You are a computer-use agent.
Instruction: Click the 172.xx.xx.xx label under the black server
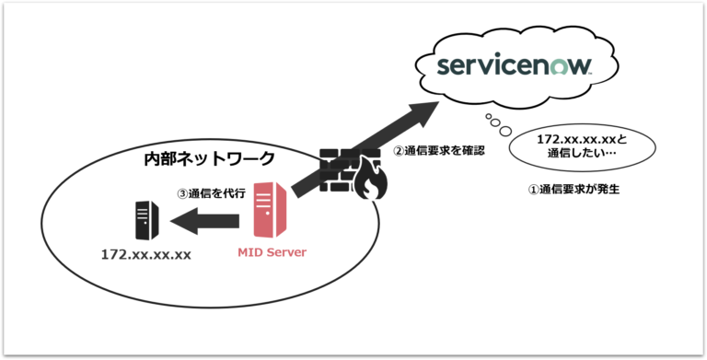pos(145,253)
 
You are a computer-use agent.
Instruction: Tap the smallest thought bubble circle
pos(488,117)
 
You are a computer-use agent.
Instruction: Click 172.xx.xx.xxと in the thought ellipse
pos(582,140)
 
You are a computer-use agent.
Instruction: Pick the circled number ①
pos(532,191)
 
